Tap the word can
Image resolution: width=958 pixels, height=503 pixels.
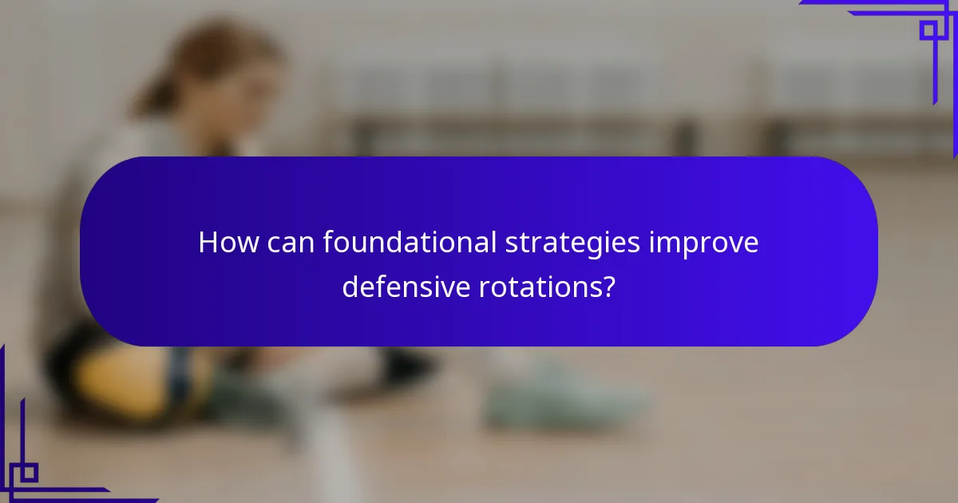pos(288,242)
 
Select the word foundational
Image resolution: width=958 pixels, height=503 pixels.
pos(409,242)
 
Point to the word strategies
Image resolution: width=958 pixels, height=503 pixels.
pos(572,244)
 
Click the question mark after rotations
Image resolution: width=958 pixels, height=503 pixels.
pos(608,287)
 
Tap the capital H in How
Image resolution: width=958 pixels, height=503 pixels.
pos(207,242)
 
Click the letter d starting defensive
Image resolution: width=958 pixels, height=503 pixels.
pos(349,286)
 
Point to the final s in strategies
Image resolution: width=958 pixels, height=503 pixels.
pos(635,244)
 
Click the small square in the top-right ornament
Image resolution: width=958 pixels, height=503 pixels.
pos(928,30)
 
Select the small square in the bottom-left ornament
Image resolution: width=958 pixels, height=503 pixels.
pos(29,473)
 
